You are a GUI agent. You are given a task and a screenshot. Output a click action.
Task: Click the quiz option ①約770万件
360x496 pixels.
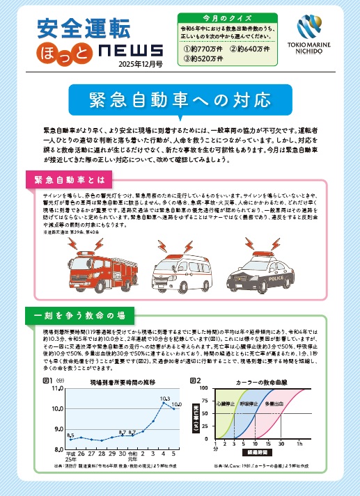(204, 49)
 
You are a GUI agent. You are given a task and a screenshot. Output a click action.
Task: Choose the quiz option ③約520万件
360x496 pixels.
(204, 59)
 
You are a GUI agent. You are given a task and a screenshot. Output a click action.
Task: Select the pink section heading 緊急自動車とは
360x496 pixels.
(66, 179)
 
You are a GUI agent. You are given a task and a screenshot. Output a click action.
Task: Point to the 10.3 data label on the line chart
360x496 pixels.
(165, 400)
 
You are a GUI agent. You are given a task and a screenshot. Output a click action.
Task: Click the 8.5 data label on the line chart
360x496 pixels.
(70, 435)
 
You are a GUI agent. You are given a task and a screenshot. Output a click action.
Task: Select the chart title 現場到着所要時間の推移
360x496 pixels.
(117, 382)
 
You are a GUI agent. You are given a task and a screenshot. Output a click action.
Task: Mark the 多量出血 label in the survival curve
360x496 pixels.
(272, 403)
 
